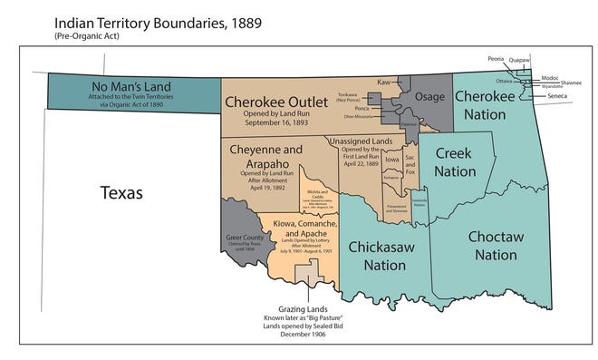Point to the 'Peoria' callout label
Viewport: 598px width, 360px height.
coord(495,56)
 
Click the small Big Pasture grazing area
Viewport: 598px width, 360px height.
coord(310,270)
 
